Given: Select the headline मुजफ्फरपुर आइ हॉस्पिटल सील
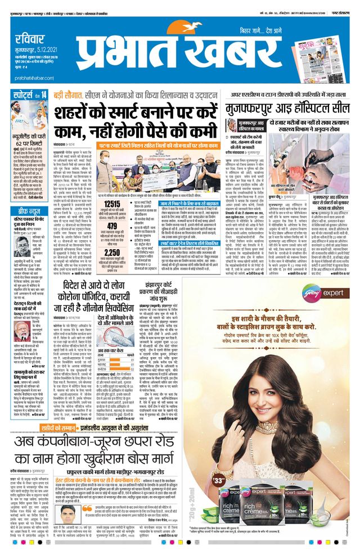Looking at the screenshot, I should [287, 108].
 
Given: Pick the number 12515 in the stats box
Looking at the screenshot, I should [113, 202].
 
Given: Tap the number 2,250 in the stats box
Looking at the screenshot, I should [113, 253].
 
